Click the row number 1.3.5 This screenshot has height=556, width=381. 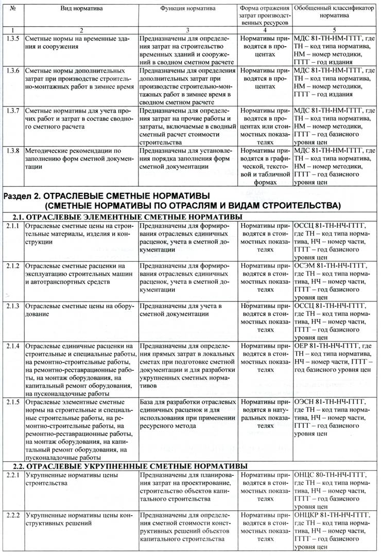11,39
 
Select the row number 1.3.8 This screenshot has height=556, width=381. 11,151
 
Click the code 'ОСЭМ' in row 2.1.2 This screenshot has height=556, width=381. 306,266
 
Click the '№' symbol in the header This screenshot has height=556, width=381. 11,9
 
